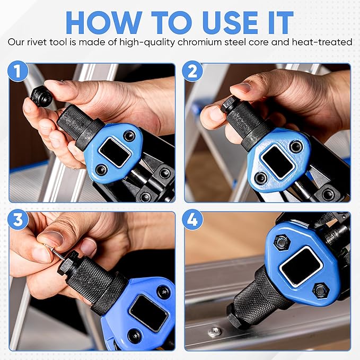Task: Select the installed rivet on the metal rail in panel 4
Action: [214, 332]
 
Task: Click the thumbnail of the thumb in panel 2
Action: [241, 87]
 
